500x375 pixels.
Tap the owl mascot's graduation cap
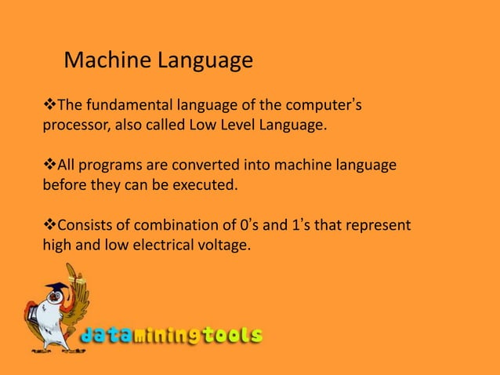pos(57,289)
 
